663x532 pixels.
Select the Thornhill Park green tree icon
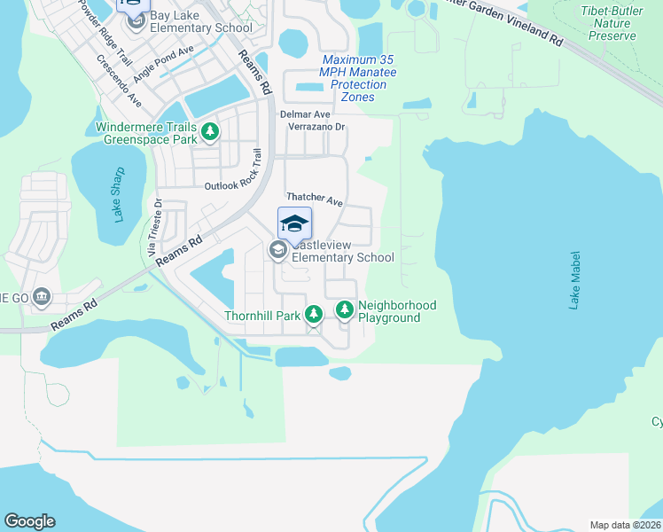click(313, 314)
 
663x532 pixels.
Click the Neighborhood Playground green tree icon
click(344, 310)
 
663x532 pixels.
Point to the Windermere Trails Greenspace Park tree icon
click(210, 133)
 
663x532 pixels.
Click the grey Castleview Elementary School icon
click(277, 251)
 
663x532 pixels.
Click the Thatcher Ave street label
click(314, 200)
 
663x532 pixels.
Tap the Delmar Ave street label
click(305, 114)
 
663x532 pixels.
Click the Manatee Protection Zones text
click(358, 78)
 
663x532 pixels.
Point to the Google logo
click(29, 521)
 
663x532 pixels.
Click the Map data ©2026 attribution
click(624, 525)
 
